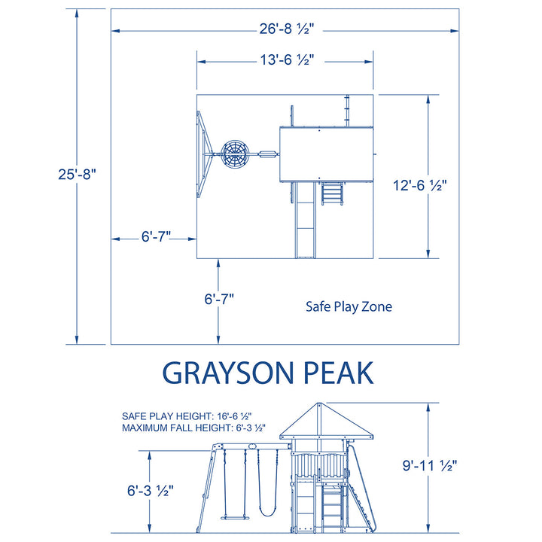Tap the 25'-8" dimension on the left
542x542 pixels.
point(78,174)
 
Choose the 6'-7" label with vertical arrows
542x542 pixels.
point(219,299)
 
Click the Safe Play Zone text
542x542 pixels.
point(349,307)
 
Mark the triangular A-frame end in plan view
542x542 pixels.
point(204,155)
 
